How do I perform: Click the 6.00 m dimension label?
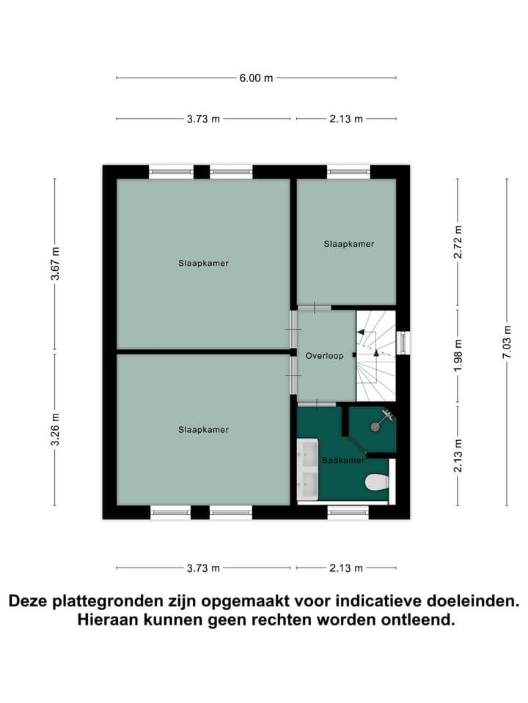pos(256,78)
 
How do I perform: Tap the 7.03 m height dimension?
pos(505,341)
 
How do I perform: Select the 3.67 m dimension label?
pos(55,264)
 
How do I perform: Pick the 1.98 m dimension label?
pos(458,355)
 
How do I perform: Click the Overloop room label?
pos(324,355)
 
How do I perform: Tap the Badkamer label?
pos(342,461)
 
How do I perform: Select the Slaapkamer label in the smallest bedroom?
pos(349,244)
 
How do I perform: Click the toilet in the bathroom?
pos(376,482)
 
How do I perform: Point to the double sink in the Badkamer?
pos(307,469)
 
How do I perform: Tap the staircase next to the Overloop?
pos(375,355)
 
